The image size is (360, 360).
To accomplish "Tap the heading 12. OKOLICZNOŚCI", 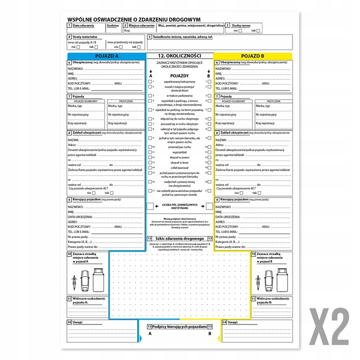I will pos(179,55).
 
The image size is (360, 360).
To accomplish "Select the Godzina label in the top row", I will pos(113,25).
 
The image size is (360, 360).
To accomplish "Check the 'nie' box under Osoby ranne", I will pos(240,30).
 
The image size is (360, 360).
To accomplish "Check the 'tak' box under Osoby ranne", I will pos(258,30).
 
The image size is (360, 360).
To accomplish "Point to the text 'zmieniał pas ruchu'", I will pos(179,147).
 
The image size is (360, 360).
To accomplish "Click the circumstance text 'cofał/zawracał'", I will pos(179,167).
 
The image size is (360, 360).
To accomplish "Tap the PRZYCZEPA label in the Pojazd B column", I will pos(272,101).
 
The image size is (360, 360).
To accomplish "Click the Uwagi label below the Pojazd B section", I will pos(234,322).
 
